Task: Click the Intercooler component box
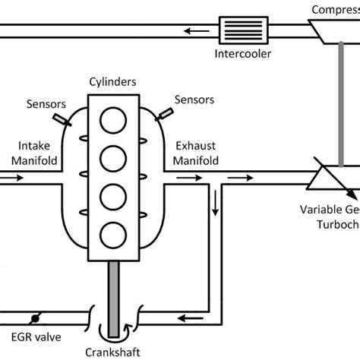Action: pyautogui.click(x=238, y=30)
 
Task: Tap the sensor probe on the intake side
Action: pyautogui.click(x=59, y=119)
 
